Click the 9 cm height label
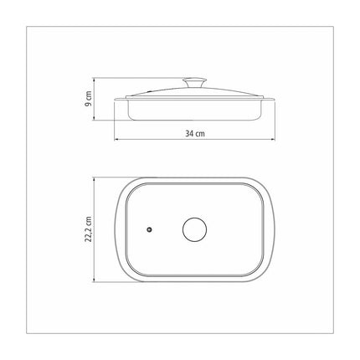click(88, 99)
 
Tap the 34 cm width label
click(195, 134)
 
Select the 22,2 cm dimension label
click(89, 229)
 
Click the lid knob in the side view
click(195, 83)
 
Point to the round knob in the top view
click(195, 229)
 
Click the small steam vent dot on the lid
click(150, 229)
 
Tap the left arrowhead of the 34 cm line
click(116, 139)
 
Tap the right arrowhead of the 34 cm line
click(273, 139)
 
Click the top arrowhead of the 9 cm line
click(95, 80)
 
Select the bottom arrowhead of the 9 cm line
click(95, 118)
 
